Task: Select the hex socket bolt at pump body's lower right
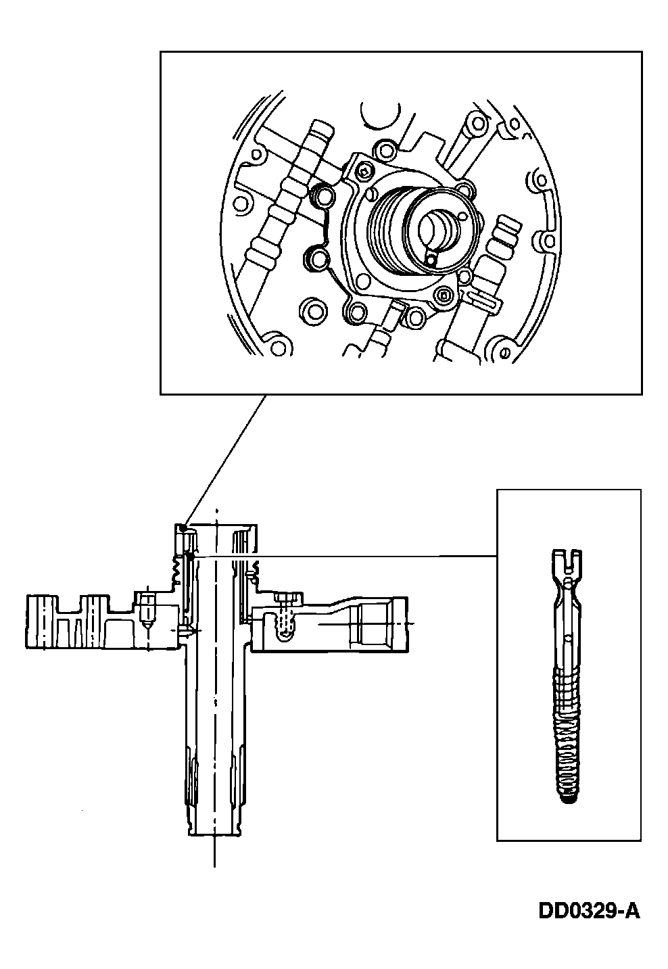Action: pos(444,295)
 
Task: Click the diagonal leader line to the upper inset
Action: pos(223,460)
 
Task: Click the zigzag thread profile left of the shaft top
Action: pos(174,568)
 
